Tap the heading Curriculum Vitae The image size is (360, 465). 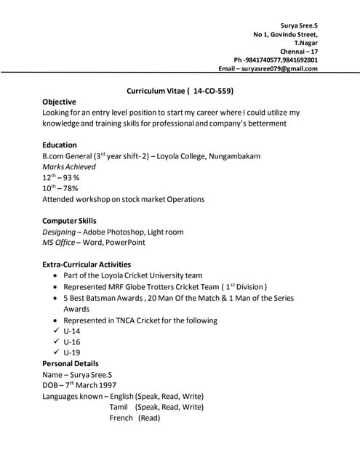[156, 92]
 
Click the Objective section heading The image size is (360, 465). [59, 102]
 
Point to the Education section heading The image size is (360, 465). [60, 145]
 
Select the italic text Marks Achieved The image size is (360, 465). [69, 167]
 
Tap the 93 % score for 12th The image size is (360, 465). [71, 178]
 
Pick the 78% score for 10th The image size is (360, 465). [69, 188]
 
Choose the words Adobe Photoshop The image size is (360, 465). [114, 232]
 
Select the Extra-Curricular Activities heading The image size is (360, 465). [87, 264]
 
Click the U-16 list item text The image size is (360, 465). [72, 341]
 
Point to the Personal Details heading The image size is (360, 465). [71, 363]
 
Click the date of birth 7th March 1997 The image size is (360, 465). [90, 385]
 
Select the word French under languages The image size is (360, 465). [121, 418]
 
